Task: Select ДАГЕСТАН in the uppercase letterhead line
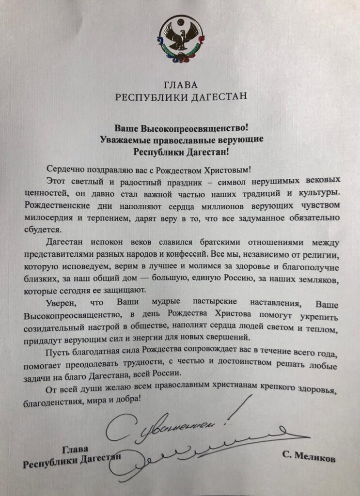[217, 96]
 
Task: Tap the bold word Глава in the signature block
[73, 447]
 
